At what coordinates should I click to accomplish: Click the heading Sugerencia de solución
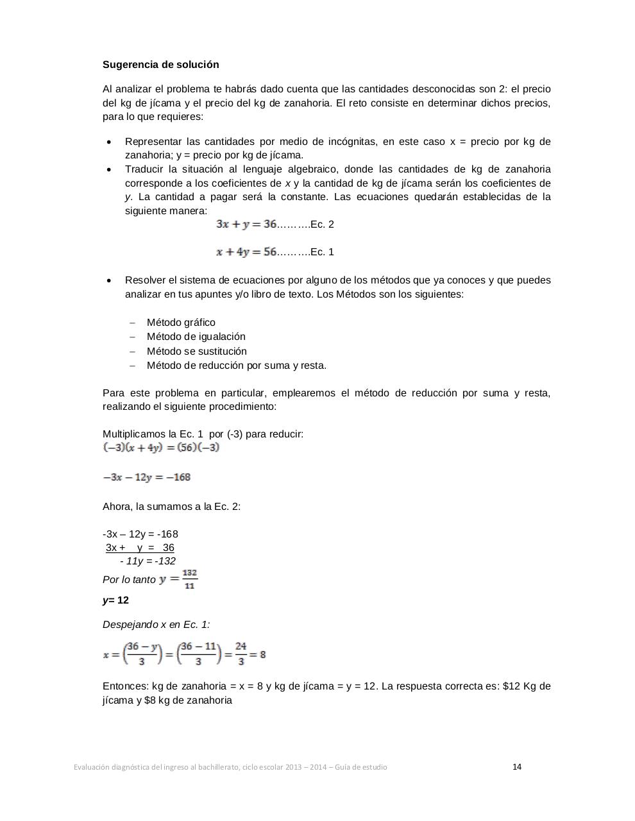160,65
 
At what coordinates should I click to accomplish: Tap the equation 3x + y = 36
246,224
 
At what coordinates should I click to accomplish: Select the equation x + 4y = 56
246,252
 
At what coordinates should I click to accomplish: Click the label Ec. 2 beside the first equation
322,224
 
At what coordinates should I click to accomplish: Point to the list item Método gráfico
181,323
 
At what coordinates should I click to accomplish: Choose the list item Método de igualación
196,337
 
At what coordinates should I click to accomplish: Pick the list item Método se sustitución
196,351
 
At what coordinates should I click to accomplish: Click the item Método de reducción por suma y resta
236,366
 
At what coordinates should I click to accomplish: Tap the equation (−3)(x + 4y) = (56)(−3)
161,448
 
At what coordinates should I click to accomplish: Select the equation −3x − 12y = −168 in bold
147,477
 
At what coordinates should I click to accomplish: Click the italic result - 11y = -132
148,561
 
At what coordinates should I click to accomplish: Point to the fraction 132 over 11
189,579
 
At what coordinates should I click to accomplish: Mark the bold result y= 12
115,600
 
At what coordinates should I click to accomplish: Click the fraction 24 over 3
241,654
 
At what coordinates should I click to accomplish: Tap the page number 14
517,766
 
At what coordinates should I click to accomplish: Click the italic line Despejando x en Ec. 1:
156,625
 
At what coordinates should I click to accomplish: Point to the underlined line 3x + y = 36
140,548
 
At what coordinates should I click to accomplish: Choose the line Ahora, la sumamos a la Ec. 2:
171,507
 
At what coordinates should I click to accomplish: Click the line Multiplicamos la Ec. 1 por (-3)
203,434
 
